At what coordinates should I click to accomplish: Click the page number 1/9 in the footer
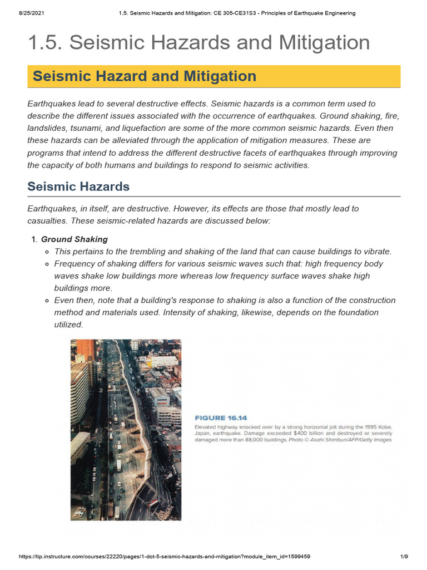click(404, 557)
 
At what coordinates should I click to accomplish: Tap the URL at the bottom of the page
click(165, 557)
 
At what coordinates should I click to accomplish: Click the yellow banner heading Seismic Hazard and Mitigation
click(145, 76)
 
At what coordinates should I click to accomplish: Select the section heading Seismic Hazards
click(78, 186)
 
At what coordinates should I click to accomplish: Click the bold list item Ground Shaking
click(75, 239)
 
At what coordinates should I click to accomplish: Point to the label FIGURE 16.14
click(221, 417)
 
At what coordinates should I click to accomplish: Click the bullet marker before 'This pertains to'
click(48, 252)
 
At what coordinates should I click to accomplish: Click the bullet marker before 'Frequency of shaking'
click(48, 264)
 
